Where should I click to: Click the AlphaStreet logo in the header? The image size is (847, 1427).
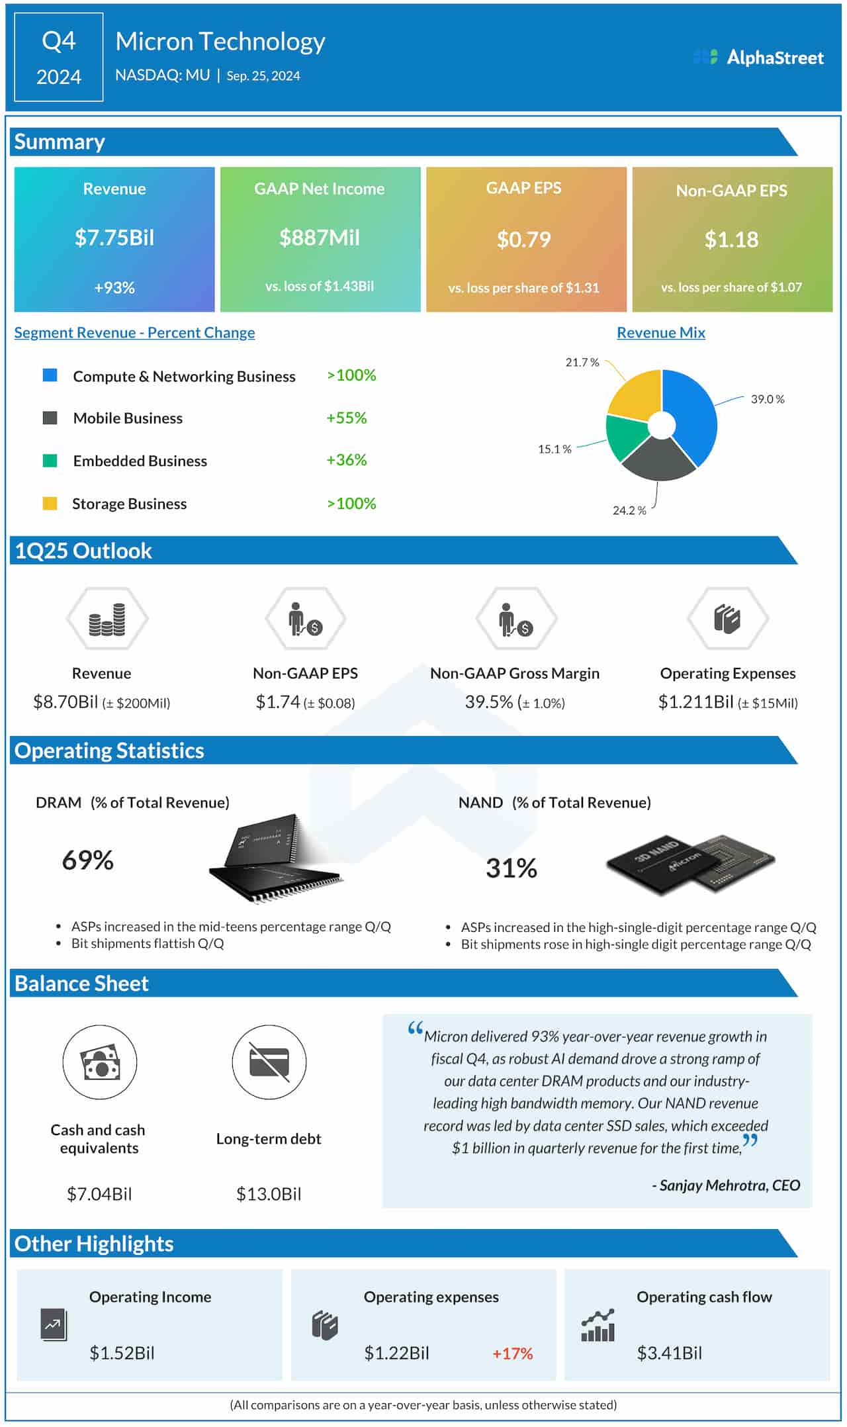tap(758, 58)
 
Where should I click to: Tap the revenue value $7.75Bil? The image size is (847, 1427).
tap(114, 238)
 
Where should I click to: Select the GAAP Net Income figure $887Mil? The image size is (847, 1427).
tap(320, 238)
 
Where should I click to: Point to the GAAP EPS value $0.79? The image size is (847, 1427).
tap(523, 239)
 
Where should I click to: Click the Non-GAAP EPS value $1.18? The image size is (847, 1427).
tap(731, 239)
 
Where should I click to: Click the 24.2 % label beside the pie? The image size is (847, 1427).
tap(629, 510)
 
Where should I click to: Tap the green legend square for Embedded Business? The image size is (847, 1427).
tap(50, 461)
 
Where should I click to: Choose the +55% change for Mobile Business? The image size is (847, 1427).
tap(346, 418)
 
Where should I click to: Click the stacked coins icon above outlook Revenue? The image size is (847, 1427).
tap(107, 620)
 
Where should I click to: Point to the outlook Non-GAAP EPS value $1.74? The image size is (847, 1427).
tap(278, 702)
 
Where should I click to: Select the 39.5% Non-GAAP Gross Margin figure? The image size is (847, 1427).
tap(488, 702)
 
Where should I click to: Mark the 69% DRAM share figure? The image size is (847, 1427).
tap(87, 860)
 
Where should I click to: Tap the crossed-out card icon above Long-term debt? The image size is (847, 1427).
tap(269, 1062)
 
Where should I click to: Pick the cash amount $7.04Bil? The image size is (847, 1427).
tap(99, 1194)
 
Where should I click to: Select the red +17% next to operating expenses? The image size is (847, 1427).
tap(512, 1354)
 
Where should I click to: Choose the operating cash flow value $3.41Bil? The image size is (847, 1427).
tap(669, 1353)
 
